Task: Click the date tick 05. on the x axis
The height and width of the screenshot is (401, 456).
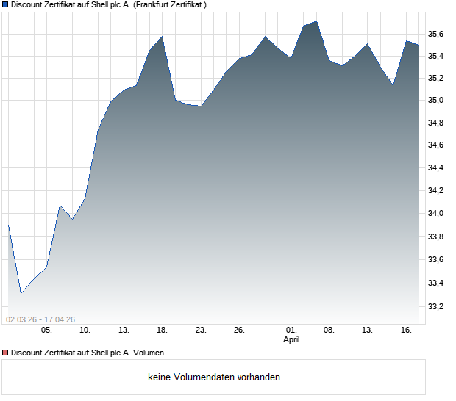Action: (x=46, y=330)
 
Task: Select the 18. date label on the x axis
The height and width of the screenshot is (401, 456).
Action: (x=162, y=330)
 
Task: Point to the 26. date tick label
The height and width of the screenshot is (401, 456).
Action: (x=239, y=330)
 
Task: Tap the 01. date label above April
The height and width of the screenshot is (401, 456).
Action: (x=291, y=330)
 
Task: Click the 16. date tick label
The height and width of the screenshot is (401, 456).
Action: (x=406, y=330)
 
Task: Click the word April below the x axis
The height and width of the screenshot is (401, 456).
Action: (x=292, y=339)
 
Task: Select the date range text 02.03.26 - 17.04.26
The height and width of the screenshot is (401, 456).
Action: (x=40, y=319)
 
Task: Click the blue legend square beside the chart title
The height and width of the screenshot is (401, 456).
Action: (x=5, y=4)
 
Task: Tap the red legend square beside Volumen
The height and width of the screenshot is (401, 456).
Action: (x=5, y=353)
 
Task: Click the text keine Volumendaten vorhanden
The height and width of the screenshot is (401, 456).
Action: (x=214, y=377)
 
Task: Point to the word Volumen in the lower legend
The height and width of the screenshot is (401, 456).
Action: (x=149, y=353)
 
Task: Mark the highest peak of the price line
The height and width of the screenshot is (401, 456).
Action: (x=316, y=21)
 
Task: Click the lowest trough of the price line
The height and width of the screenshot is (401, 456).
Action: (x=21, y=294)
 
